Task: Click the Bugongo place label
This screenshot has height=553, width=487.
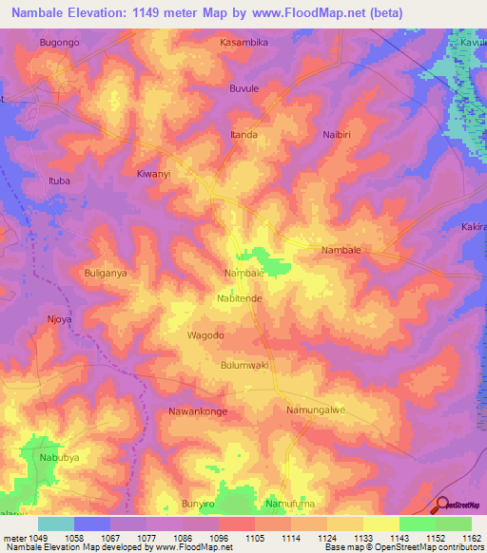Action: (x=58, y=43)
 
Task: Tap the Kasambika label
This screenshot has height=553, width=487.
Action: (x=243, y=43)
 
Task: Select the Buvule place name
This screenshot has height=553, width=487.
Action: (x=244, y=88)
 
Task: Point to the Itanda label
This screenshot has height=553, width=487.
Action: (x=243, y=135)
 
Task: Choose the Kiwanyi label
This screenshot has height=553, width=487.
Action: (x=153, y=175)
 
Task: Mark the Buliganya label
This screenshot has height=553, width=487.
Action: (x=106, y=273)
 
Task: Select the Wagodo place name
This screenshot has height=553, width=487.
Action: (x=205, y=335)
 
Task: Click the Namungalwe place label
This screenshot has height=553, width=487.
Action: (x=315, y=410)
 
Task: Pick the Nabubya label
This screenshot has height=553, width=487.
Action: (x=60, y=456)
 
